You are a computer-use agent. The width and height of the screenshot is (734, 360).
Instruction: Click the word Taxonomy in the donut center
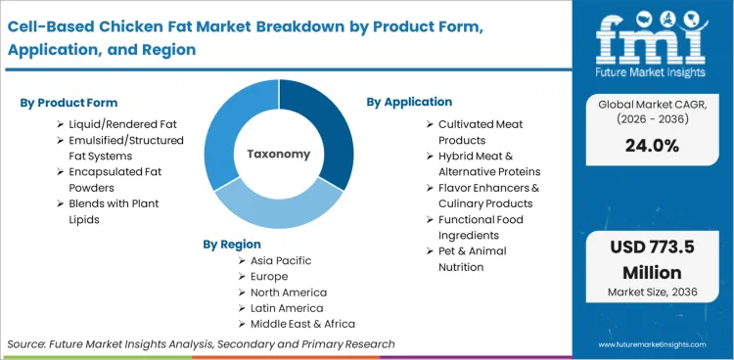click(x=279, y=154)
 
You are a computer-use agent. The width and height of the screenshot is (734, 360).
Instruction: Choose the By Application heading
click(x=409, y=102)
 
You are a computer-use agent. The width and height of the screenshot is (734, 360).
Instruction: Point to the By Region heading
click(x=232, y=244)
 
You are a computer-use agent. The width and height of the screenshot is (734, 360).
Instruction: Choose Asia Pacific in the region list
click(x=281, y=261)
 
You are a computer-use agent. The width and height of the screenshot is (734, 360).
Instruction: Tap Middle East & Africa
click(x=303, y=324)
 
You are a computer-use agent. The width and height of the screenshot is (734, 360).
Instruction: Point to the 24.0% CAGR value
click(x=650, y=146)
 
